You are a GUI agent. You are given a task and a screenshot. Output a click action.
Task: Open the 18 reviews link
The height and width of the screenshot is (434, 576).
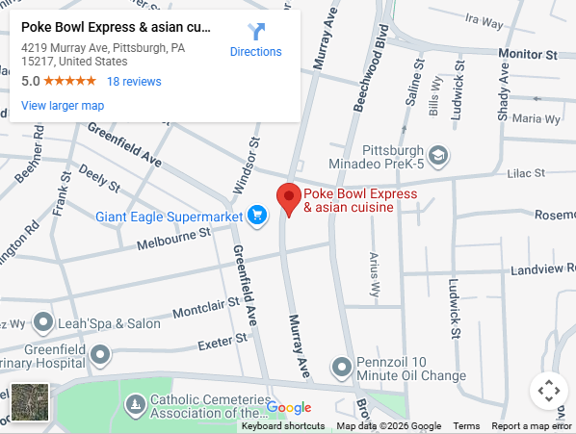point(134,82)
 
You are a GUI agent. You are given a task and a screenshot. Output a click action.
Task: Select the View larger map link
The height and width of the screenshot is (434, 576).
point(63,106)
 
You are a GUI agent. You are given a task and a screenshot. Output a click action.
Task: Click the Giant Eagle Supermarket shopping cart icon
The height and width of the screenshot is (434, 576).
point(257,216)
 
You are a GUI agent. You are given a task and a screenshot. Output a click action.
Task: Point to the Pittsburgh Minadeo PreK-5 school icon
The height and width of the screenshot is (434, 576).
point(438,154)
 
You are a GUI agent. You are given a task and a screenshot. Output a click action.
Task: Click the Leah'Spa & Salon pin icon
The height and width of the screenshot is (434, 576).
point(42,322)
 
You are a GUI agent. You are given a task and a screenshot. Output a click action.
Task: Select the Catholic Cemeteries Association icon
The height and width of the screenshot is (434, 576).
point(136,401)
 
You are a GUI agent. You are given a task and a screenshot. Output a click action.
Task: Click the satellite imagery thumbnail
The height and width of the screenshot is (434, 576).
point(29,401)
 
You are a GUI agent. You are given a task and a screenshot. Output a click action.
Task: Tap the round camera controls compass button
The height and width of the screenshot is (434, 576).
point(548,391)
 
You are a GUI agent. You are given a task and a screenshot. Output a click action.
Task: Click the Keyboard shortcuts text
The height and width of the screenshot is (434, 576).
point(283,426)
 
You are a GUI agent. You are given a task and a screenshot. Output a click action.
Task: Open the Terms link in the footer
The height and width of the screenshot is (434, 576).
point(466,426)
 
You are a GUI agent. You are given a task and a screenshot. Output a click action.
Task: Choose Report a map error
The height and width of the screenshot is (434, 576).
point(532,426)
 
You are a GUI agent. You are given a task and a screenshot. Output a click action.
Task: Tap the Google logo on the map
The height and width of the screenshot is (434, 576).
point(289,407)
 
